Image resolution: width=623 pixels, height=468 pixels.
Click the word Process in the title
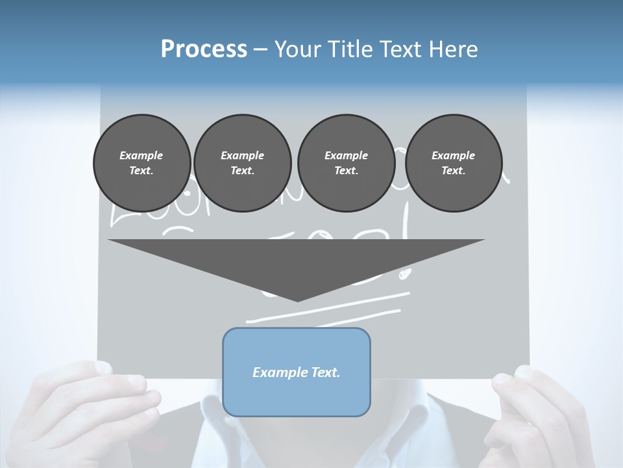[204, 49]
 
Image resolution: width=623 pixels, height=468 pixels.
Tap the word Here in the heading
[454, 49]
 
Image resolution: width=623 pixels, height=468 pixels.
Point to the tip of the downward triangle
[297, 300]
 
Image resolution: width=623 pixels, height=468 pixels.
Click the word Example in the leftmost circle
[141, 155]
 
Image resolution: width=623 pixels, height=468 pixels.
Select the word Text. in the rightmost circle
[453, 170]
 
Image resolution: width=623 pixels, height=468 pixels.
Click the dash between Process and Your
[261, 49]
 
